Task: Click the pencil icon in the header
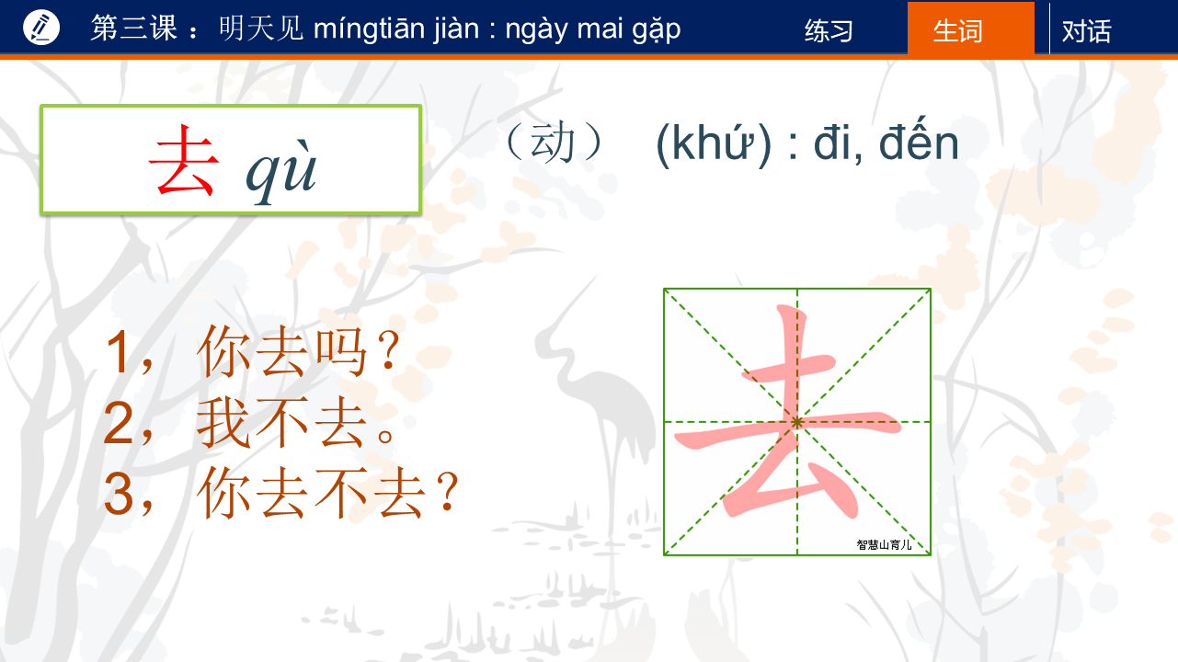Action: pos(41,28)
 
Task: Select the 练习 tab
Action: pos(829,31)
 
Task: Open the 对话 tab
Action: pos(1086,31)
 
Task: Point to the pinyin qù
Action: pos(281,171)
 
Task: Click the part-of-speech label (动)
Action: pos(553,142)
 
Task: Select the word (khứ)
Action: pos(714,143)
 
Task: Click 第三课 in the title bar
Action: pos(134,28)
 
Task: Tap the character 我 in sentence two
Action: pos(223,423)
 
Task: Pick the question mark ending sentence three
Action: pos(448,491)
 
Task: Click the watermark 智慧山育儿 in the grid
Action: pos(884,544)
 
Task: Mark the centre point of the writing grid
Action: pos(797,422)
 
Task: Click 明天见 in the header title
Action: pos(261,29)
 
